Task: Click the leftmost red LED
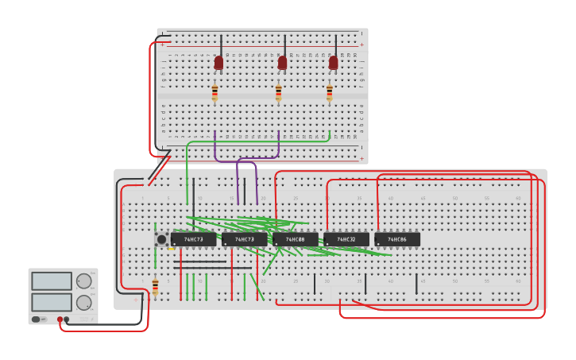218,62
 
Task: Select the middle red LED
282,62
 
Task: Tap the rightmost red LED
333,62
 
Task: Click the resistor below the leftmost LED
215,93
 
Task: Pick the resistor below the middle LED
278,93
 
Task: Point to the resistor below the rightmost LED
330,93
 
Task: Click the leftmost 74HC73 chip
193,239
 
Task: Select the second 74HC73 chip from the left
244,239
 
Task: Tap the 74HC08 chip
295,239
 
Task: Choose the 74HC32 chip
346,239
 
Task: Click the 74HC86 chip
396,239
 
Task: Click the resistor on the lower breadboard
155,286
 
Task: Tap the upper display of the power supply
51,281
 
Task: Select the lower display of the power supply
51,302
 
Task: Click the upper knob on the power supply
83,281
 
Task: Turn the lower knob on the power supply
83,302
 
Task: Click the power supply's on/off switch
37,319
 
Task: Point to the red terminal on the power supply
60,319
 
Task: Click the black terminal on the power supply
67,319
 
